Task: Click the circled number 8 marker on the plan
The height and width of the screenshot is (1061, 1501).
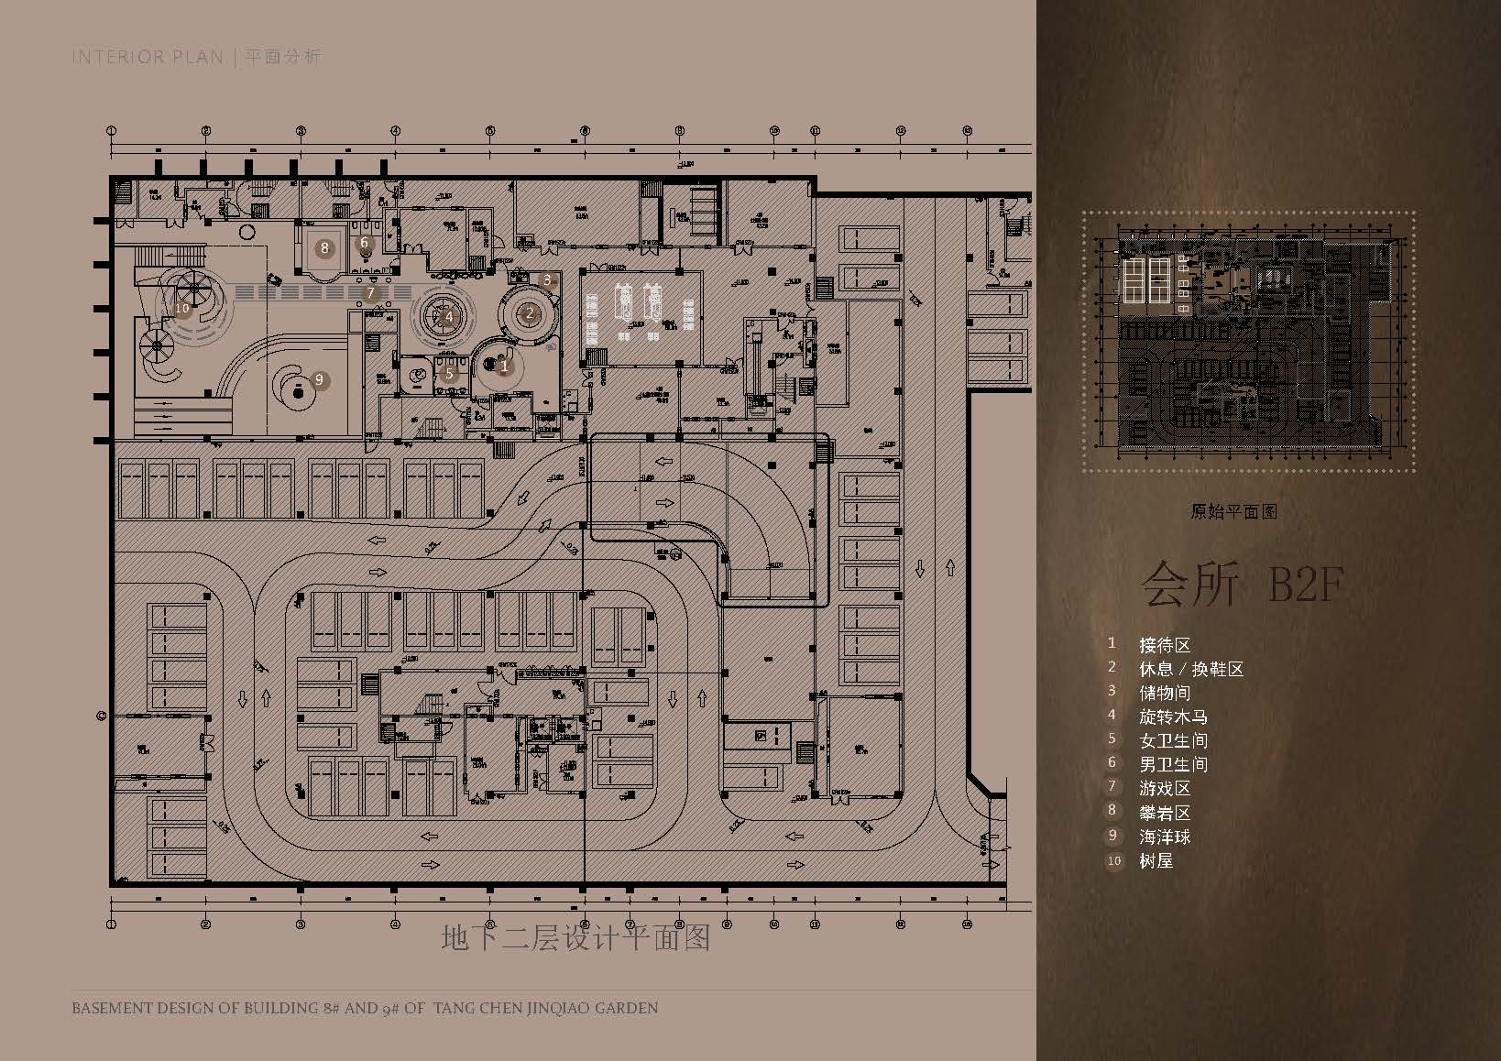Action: (x=323, y=247)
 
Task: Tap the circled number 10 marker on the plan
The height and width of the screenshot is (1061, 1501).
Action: (x=181, y=308)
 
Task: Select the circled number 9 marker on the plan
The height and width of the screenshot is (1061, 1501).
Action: (x=319, y=379)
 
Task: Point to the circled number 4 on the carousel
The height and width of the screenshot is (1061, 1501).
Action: (x=449, y=317)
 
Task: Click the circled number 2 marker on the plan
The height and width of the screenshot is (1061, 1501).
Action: (x=529, y=313)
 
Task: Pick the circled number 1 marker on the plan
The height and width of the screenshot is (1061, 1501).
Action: (x=503, y=367)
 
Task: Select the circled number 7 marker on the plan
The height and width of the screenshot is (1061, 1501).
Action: (x=370, y=293)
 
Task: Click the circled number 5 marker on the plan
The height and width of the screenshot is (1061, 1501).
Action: (x=449, y=374)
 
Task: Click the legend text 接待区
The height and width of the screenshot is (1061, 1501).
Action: (x=1165, y=645)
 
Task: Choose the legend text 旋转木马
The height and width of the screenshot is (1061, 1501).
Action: (x=1173, y=716)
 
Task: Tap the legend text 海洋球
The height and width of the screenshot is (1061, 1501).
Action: (x=1165, y=837)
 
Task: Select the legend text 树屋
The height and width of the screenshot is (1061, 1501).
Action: (x=1156, y=860)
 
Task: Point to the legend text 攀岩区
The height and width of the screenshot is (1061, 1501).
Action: (x=1165, y=813)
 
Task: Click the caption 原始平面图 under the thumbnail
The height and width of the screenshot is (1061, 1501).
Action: (x=1233, y=512)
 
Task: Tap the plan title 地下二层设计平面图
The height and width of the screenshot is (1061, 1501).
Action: (x=575, y=937)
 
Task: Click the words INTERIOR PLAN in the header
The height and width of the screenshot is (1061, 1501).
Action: (x=148, y=57)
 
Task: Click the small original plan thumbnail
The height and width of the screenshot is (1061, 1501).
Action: (x=1249, y=343)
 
